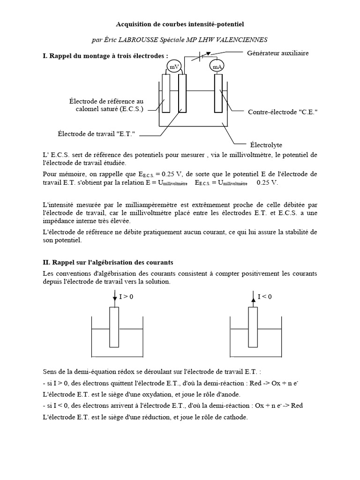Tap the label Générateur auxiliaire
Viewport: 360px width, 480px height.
pyautogui.click(x=277, y=53)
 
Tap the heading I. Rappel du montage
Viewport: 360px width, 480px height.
pyautogui.click(x=105, y=56)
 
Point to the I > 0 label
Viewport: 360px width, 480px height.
pyautogui.click(x=126, y=297)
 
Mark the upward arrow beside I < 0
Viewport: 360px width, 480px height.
pyautogui.click(x=254, y=297)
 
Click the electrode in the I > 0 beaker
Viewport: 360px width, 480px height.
pyautogui.click(x=114, y=327)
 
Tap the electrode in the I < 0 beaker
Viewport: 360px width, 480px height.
pyautogui.click(x=253, y=327)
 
